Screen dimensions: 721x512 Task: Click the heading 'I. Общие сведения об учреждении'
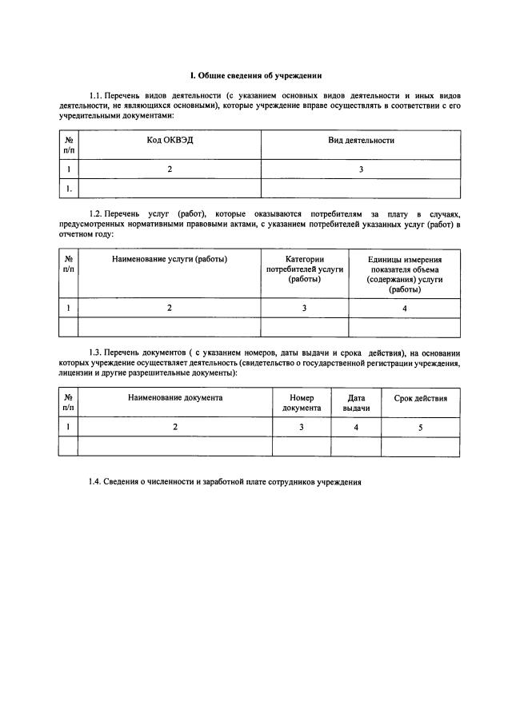pyautogui.click(x=256, y=77)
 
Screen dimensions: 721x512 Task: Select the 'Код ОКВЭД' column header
pyautogui.click(x=170, y=140)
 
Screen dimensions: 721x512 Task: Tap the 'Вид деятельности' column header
pyautogui.click(x=361, y=140)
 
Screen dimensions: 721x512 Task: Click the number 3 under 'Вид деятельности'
pyautogui.click(x=361, y=169)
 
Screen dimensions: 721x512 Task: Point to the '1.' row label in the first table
pyautogui.click(x=69, y=189)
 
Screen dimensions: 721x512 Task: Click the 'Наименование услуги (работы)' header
pyautogui.click(x=170, y=259)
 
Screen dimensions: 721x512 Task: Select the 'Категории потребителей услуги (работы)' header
pyautogui.click(x=305, y=269)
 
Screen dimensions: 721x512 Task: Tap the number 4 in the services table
pyautogui.click(x=404, y=308)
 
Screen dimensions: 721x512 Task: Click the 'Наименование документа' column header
pyautogui.click(x=175, y=397)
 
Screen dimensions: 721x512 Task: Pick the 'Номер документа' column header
pyautogui.click(x=302, y=402)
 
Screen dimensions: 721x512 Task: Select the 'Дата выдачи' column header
pyautogui.click(x=356, y=402)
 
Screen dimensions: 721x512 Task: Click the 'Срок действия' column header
pyautogui.click(x=421, y=397)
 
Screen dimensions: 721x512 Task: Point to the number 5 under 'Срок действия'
pyautogui.click(x=421, y=428)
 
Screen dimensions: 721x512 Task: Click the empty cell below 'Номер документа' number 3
pyautogui.click(x=302, y=447)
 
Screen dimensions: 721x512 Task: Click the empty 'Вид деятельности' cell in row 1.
pyautogui.click(x=361, y=189)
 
